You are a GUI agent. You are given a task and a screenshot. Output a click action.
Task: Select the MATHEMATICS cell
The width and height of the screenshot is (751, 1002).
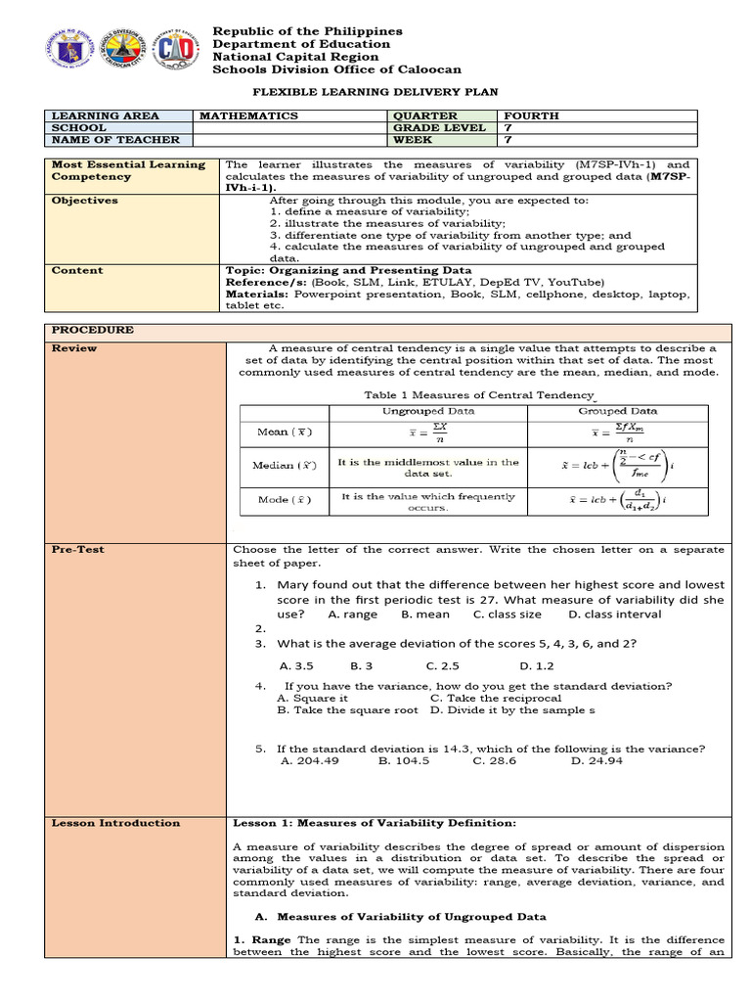248,115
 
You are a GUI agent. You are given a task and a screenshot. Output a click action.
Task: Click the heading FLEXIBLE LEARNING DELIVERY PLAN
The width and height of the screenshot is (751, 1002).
375,91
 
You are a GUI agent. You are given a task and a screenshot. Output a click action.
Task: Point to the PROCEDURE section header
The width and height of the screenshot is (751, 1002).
93,330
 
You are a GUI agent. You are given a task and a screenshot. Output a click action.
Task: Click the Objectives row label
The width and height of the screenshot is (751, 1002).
85,200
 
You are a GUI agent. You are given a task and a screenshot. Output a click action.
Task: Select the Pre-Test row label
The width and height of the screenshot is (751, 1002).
78,550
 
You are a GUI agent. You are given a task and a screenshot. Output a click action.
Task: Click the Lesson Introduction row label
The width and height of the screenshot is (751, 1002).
115,823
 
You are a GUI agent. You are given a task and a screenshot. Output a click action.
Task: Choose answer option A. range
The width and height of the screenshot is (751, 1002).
352,615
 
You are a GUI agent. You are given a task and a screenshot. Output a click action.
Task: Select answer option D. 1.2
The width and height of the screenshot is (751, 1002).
537,665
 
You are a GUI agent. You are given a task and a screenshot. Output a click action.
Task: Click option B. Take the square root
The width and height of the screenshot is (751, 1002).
347,710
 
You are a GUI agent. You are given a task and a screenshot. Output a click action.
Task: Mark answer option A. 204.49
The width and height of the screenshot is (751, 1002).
309,760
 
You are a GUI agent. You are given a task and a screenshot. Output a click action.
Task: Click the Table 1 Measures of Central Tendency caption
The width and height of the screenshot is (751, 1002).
478,393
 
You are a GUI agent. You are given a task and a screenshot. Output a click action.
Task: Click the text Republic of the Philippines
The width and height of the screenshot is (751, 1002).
308,31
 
